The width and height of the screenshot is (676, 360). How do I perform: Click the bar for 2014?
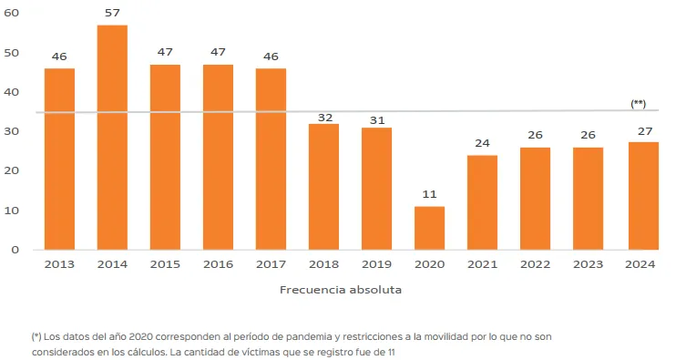tap(112, 137)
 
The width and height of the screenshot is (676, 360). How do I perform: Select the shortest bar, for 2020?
tap(429, 228)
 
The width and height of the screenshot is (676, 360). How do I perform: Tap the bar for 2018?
tap(323, 187)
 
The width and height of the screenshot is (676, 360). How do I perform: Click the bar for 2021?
tap(482, 202)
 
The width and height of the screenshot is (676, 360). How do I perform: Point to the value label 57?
tap(112, 14)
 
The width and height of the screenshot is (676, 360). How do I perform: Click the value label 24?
tap(482, 143)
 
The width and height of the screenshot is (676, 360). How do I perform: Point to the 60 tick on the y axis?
tap(12, 14)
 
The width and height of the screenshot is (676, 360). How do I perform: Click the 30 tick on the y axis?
tap(12, 131)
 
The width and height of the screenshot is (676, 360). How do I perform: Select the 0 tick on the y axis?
tap(15, 250)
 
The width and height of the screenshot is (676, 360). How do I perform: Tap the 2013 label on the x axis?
tap(59, 264)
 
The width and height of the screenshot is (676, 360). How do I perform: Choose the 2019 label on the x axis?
tap(376, 264)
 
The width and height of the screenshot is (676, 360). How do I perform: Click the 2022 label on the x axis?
tap(535, 264)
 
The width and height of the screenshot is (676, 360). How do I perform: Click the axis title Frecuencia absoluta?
tap(340, 290)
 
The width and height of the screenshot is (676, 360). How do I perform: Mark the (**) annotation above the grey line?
tap(639, 104)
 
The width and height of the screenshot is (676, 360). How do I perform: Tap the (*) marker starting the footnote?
tap(37, 336)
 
